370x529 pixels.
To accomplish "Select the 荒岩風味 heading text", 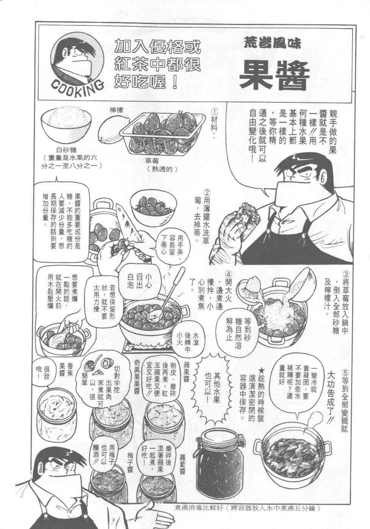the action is point(273,43).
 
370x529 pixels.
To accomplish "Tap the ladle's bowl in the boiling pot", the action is point(153,314).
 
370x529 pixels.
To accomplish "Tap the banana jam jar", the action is point(57,409).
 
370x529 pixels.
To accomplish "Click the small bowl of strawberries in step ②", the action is point(153,205).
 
